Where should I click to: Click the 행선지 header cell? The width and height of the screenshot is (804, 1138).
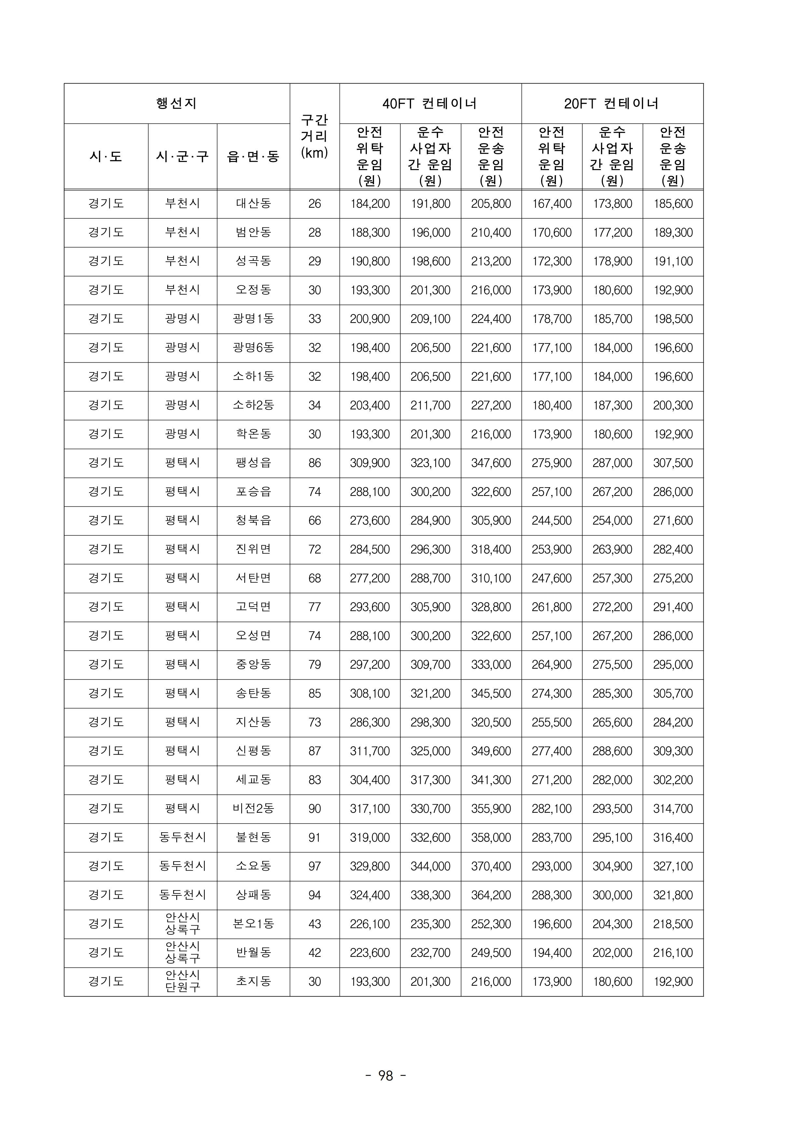point(176,104)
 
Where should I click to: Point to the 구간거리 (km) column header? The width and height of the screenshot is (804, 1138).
point(314,136)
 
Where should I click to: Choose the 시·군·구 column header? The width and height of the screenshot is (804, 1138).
point(183,157)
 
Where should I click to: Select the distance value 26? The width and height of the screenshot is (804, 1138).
point(314,204)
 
